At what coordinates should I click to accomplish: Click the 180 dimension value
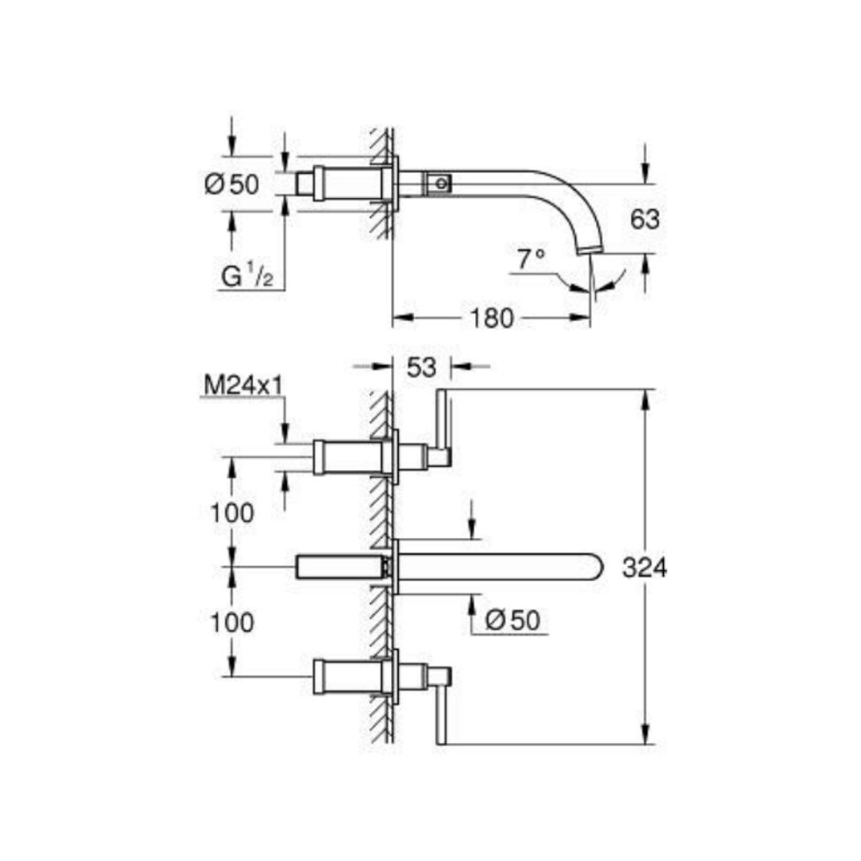(x=492, y=319)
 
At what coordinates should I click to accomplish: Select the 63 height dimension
(x=644, y=220)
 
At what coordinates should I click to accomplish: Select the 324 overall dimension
(x=644, y=567)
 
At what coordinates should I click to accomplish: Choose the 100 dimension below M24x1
(x=232, y=513)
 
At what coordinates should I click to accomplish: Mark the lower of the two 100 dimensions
(x=232, y=622)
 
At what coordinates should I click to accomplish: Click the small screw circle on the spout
(x=443, y=183)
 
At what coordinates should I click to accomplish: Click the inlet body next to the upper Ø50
(x=340, y=183)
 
